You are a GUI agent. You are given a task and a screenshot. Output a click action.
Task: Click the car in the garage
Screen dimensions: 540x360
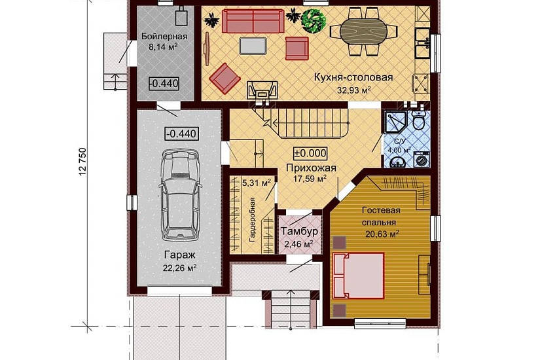(x=180, y=194)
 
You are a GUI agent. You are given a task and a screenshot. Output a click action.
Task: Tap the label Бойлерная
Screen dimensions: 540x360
(x=164, y=36)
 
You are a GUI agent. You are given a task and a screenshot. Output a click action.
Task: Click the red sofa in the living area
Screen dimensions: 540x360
(x=253, y=21)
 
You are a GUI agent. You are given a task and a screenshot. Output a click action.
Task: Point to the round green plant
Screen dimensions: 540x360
(x=314, y=20)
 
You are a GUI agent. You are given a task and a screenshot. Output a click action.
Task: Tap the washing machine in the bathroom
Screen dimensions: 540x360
(x=421, y=159)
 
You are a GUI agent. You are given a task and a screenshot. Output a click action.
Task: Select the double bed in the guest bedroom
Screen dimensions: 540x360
(x=358, y=276)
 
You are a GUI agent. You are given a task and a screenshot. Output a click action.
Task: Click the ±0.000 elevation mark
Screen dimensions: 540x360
(x=310, y=153)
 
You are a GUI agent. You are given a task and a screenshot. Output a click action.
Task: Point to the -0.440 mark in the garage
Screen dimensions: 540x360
(x=182, y=134)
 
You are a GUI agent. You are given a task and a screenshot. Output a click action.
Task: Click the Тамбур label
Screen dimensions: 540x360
(x=299, y=231)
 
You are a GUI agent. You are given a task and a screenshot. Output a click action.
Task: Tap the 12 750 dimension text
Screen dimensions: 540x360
(x=82, y=162)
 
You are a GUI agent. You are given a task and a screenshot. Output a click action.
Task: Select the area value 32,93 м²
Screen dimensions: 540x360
(x=353, y=90)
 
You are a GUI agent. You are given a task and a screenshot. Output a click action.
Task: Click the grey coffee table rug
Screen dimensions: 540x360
(x=253, y=46)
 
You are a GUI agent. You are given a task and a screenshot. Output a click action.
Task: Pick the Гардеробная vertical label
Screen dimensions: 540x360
(x=252, y=219)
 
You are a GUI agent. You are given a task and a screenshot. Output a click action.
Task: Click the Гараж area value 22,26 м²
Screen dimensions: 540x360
(x=180, y=268)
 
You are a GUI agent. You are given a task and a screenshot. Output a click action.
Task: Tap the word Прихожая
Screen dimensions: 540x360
(x=311, y=168)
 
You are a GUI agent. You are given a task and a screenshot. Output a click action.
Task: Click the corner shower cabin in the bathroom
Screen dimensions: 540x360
(x=395, y=122)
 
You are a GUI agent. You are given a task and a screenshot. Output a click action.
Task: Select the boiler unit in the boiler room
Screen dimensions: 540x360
(x=181, y=17)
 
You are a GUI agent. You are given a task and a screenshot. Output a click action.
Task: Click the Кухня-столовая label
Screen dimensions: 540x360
(x=353, y=77)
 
